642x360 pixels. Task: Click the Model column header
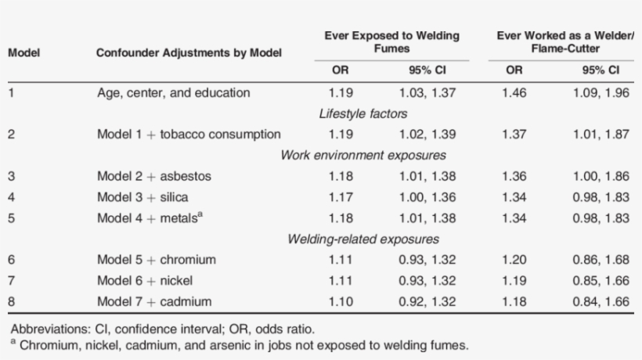point(23,53)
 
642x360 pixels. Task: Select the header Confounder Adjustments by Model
point(189,53)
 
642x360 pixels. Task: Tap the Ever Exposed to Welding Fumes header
point(391,42)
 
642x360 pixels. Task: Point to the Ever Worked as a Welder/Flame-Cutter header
point(560,42)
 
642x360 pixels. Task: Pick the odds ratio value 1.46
point(514,93)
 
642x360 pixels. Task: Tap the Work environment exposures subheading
point(363,155)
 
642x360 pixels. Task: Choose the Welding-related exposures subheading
point(363,239)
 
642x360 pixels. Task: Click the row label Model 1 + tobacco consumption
point(189,135)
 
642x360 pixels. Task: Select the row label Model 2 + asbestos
point(154,176)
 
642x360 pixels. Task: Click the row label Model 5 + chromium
point(156,260)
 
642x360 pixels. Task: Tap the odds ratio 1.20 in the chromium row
point(514,260)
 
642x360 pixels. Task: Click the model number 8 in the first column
point(11,301)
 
